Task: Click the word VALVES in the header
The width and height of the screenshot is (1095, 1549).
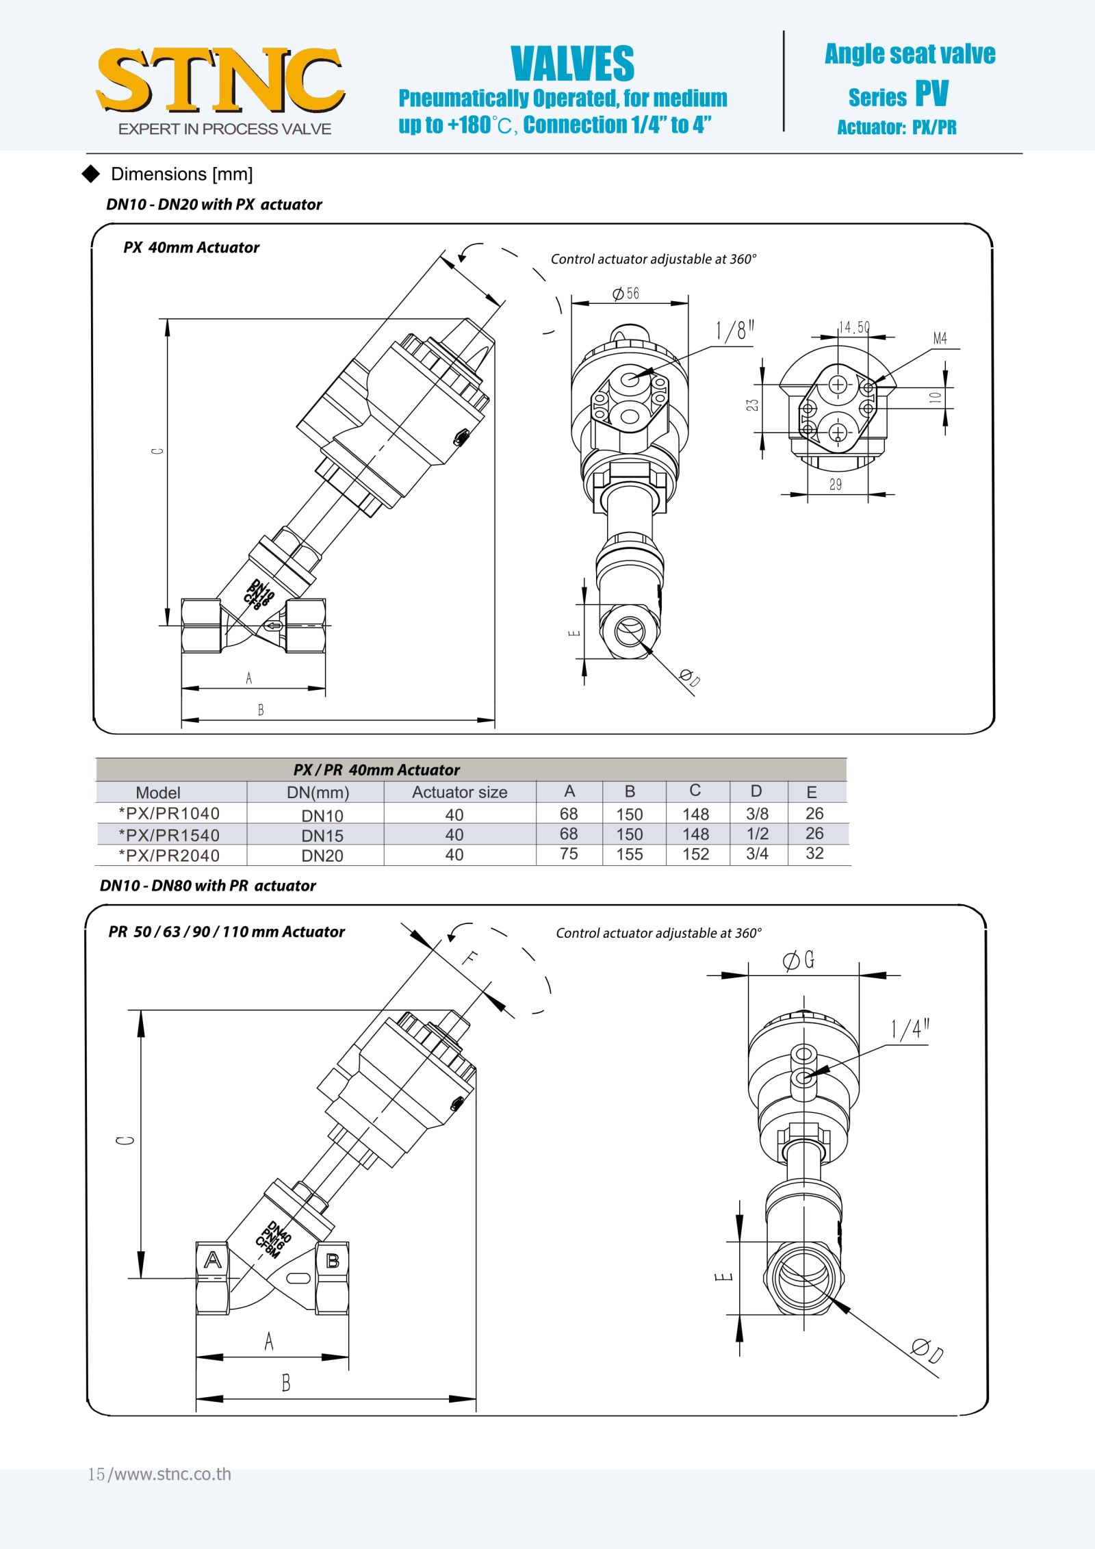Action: (572, 64)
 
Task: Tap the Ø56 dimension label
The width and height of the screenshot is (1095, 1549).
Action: (626, 294)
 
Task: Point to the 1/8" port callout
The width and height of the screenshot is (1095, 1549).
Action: (734, 331)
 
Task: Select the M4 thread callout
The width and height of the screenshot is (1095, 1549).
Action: (940, 338)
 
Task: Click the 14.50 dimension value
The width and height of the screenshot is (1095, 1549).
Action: (854, 327)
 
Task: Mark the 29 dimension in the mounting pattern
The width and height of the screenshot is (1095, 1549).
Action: (836, 485)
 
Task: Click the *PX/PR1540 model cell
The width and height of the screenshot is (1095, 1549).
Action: (169, 835)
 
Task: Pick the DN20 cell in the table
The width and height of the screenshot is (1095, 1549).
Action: (322, 856)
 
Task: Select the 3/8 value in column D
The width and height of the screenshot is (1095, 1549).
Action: (757, 814)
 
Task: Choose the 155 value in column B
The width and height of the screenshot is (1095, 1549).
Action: (629, 854)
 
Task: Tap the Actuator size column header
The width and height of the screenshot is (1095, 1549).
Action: (459, 792)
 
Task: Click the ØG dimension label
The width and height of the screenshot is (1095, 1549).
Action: (799, 960)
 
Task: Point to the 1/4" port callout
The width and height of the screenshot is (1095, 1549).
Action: (910, 1029)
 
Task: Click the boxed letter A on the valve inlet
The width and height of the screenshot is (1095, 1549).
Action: (213, 1260)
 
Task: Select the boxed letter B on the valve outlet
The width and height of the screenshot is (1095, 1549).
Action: (333, 1260)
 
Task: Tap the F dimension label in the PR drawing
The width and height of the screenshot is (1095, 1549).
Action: (469, 958)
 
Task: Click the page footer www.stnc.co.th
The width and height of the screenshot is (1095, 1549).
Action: (159, 1474)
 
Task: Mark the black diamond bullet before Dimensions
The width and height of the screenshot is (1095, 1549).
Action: (91, 174)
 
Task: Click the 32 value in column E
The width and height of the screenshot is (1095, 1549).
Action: (814, 854)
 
